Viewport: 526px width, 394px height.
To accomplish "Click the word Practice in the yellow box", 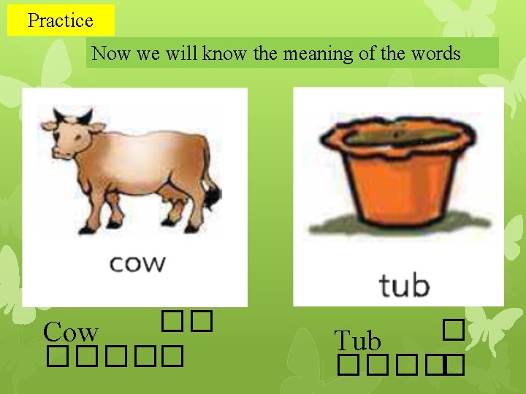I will click(x=60, y=20).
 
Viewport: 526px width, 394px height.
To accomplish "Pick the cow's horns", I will click(x=73, y=115).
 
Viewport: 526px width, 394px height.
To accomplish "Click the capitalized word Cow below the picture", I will click(x=70, y=333).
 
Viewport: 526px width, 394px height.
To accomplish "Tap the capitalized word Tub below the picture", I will click(x=357, y=341).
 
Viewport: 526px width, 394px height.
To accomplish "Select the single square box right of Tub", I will click(x=453, y=332).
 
